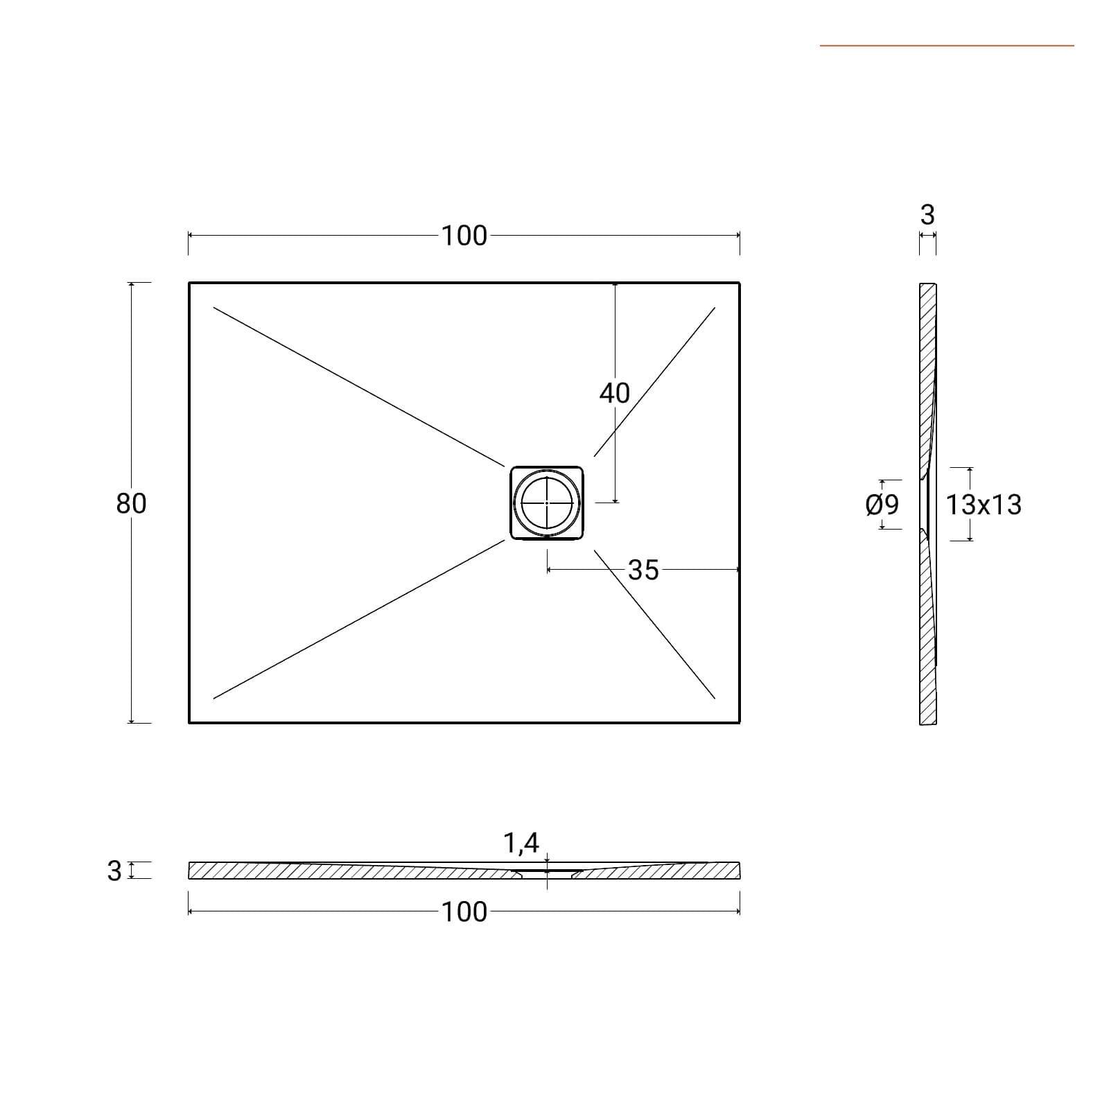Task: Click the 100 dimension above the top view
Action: coord(464,236)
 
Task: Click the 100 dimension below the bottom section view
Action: coord(464,911)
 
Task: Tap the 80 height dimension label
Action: coord(131,503)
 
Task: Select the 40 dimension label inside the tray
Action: coord(614,393)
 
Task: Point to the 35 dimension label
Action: coord(643,570)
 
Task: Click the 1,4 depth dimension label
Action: coord(521,843)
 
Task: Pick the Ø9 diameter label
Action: coord(882,505)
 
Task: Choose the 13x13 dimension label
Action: coord(984,505)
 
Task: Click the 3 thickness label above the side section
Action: coord(927,215)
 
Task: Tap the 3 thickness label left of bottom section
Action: coord(114,871)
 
